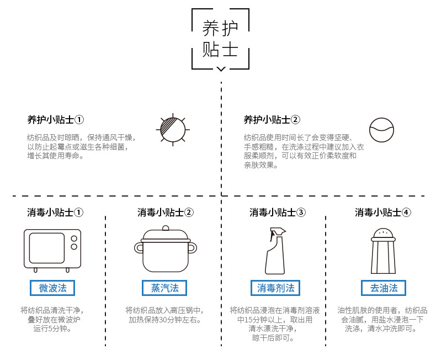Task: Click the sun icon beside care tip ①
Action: pyautogui.click(x=173, y=130)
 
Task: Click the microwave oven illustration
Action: pyautogui.click(x=52, y=250)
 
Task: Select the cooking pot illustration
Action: pyautogui.click(x=166, y=249)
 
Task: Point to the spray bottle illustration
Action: pyautogui.click(x=275, y=251)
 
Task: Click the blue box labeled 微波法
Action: pyautogui.click(x=52, y=288)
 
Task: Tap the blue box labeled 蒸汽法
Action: pyautogui.click(x=164, y=288)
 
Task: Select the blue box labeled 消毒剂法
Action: pyautogui.click(x=275, y=288)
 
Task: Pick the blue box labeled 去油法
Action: pyautogui.click(x=384, y=288)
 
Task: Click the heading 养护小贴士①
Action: pyautogui.click(x=56, y=120)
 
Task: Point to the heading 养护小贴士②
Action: pyautogui.click(x=272, y=120)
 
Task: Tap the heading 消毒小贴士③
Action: pyautogui.click(x=278, y=213)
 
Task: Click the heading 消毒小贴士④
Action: pyautogui.click(x=383, y=213)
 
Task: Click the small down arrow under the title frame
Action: pyautogui.click(x=221, y=69)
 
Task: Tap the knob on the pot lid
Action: pyautogui.click(x=166, y=228)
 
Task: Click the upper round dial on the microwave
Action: pyautogui.click(x=74, y=239)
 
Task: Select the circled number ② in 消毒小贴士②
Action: pyautogui.click(x=189, y=213)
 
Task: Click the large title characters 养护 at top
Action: pyautogui.click(x=220, y=28)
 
